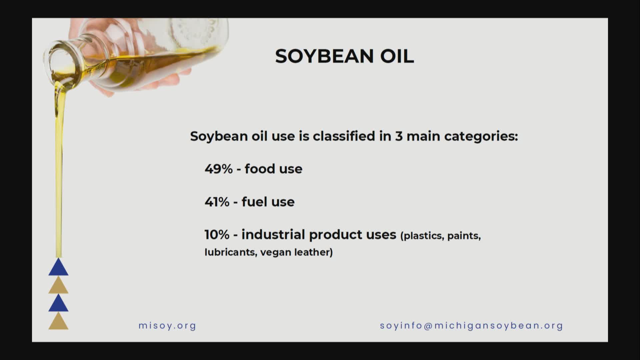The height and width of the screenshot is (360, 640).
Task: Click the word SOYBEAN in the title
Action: [324, 56]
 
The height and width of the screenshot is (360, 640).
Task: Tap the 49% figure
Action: [218, 169]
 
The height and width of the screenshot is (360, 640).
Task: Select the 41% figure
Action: [217, 202]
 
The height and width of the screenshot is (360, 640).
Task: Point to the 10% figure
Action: [217, 235]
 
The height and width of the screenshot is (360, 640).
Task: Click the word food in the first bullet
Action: [260, 169]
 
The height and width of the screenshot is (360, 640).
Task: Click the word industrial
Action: [273, 234]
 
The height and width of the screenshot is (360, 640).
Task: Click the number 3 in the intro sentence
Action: [399, 136]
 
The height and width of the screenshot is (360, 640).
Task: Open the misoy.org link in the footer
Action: [167, 326]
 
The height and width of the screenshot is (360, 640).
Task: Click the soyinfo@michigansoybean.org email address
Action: [471, 326]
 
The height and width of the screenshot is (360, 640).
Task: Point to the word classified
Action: [344, 136]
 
